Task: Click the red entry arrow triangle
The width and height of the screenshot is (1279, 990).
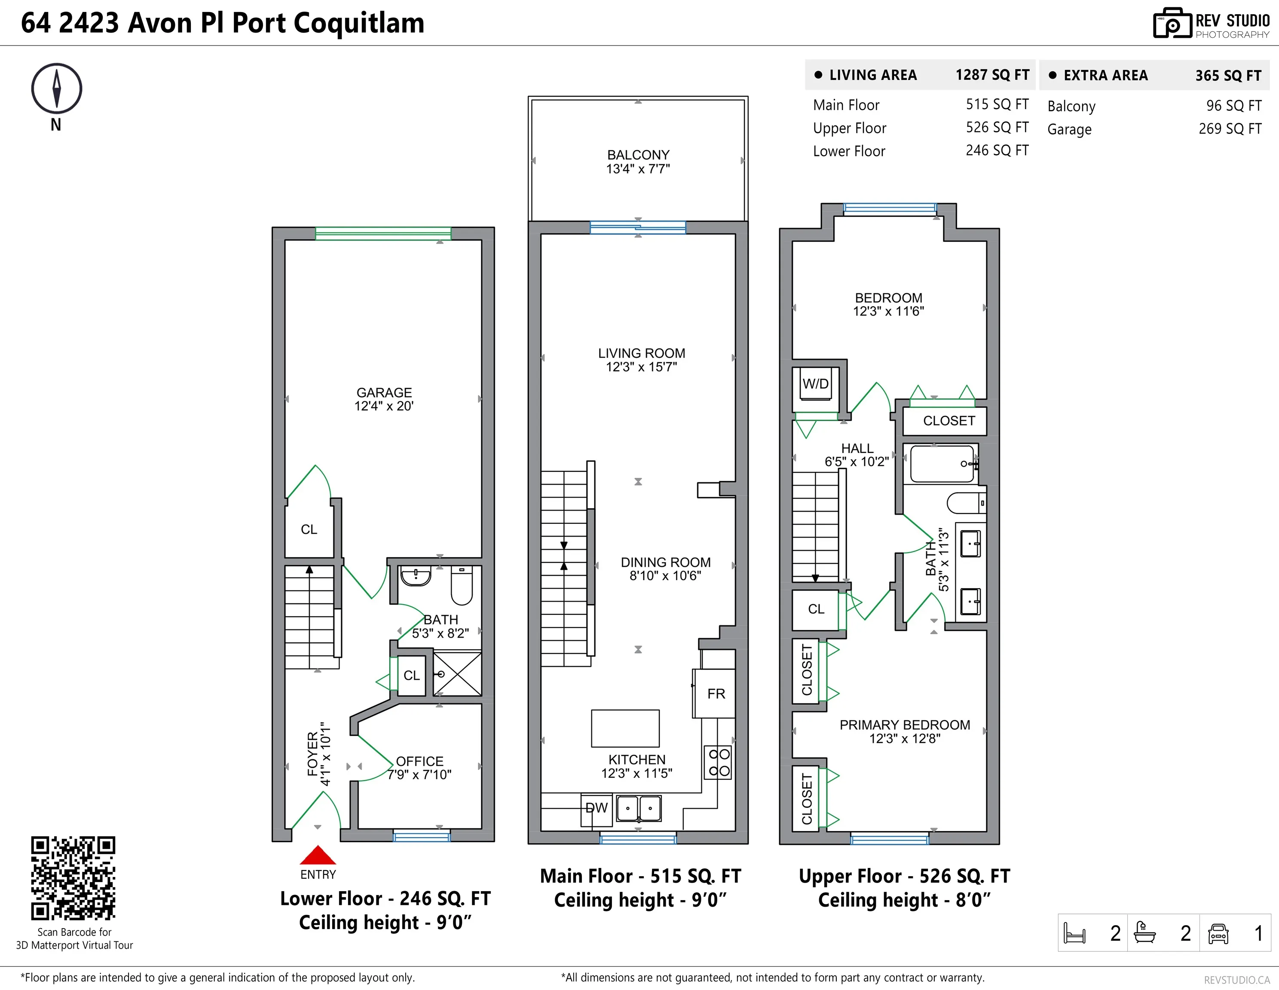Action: tap(318, 856)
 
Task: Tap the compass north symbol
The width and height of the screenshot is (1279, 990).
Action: tap(56, 89)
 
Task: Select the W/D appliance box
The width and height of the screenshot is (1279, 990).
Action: tap(815, 384)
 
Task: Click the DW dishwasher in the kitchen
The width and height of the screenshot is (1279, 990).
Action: tap(596, 809)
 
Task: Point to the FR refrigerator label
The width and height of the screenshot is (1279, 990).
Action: tap(716, 694)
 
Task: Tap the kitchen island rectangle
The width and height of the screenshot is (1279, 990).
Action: tap(625, 728)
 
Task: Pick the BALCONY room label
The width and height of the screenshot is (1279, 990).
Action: tap(638, 155)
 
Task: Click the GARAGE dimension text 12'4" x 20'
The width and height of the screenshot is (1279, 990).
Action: tap(384, 406)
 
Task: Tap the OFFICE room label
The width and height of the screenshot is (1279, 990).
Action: tap(419, 761)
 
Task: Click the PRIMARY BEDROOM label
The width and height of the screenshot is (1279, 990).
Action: tap(904, 725)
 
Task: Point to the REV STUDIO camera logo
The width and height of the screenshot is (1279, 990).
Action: tap(1172, 24)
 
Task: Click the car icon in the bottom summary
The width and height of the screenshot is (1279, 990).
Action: tap(1218, 933)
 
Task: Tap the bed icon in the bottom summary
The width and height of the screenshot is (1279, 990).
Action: tap(1074, 933)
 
